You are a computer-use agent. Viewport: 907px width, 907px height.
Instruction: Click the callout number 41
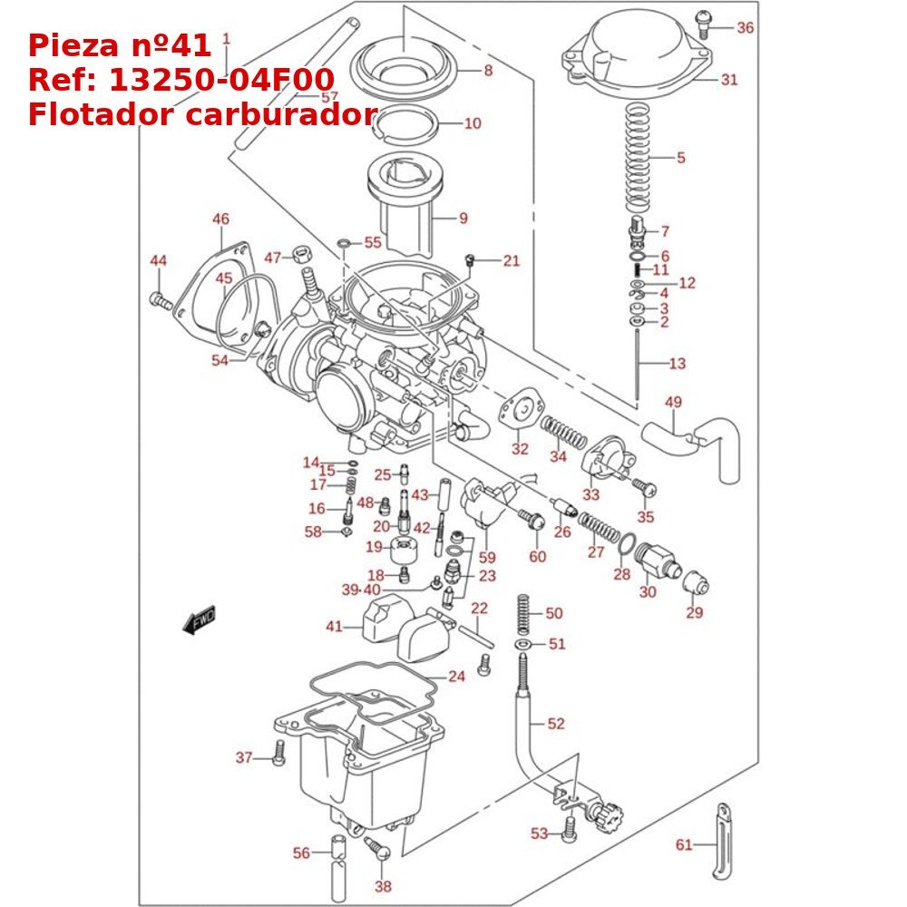[x=335, y=626]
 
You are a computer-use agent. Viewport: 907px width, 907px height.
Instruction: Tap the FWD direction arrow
[x=199, y=620]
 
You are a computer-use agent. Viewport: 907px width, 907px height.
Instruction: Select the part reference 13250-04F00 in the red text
[x=221, y=80]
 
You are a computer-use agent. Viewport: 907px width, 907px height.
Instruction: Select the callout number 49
[x=673, y=402]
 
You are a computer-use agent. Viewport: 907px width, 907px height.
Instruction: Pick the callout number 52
[x=556, y=723]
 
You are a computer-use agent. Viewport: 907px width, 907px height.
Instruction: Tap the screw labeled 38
[x=378, y=850]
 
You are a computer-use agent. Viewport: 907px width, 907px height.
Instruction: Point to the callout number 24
[x=456, y=676]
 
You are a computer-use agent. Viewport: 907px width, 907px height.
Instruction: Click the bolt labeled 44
[x=159, y=300]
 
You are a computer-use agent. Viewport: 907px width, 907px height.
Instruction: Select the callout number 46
[x=221, y=219]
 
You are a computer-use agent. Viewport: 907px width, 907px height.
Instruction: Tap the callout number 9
[x=463, y=218]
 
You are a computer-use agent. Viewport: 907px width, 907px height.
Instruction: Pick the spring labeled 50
[x=524, y=614]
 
